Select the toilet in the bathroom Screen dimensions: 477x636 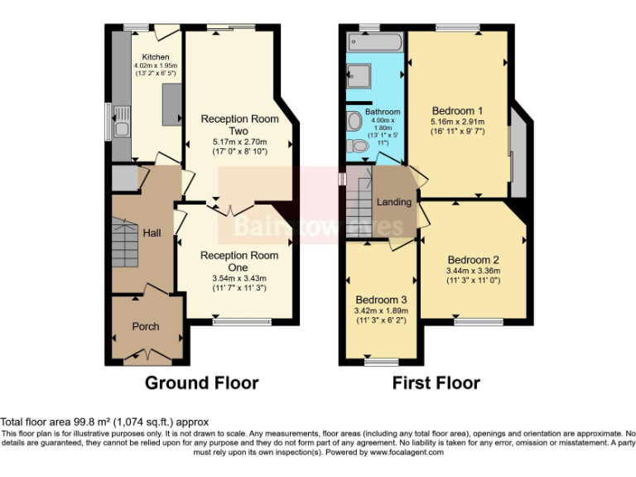(359, 146)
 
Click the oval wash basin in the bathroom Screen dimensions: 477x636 (354, 122)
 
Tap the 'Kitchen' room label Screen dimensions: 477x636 (155, 57)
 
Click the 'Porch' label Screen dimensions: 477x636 (146, 326)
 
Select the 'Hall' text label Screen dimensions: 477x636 (152, 234)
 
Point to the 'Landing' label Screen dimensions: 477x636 (394, 202)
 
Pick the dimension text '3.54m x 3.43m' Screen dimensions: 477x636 (238, 278)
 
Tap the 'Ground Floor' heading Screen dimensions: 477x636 (201, 383)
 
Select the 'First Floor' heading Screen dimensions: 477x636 (436, 383)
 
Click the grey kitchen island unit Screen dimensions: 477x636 (172, 106)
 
